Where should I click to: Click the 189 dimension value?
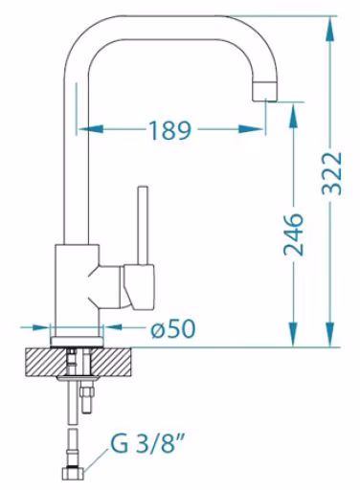169,130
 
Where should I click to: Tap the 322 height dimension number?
331,173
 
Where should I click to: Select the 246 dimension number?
293,234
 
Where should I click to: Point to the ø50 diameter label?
173,329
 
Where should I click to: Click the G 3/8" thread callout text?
148,442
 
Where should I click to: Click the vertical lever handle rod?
143,225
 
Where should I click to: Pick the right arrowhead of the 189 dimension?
251,129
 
